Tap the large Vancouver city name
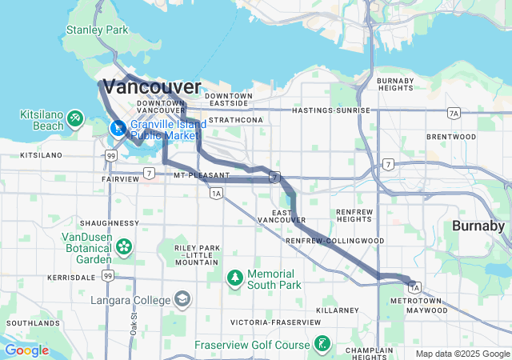click(x=152, y=86)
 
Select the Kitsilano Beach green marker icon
click(x=74, y=118)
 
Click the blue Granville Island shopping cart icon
click(x=118, y=128)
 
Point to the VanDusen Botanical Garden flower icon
click(x=124, y=246)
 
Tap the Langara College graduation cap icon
click(x=182, y=299)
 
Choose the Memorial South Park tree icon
click(x=234, y=278)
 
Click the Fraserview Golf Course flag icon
click(x=321, y=345)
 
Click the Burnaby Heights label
click(x=396, y=85)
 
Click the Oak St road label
click(x=134, y=323)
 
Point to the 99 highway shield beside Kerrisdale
click(x=107, y=276)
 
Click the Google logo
click(x=26, y=350)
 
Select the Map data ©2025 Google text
click(x=462, y=354)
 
